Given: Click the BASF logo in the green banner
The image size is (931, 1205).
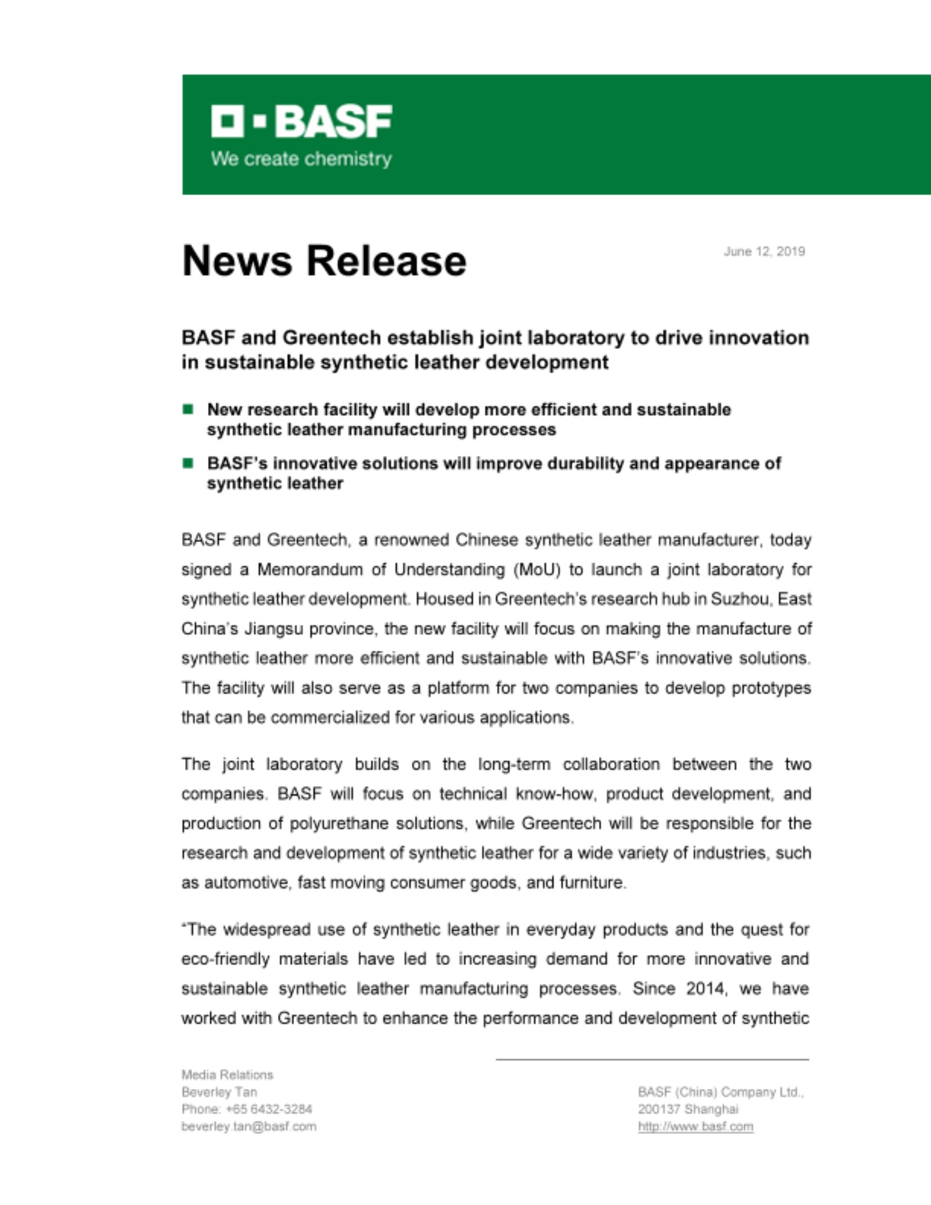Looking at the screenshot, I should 301,121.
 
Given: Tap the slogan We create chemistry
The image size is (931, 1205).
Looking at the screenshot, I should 301,159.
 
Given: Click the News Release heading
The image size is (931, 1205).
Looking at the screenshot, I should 324,261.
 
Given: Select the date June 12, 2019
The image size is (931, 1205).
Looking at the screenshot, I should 764,251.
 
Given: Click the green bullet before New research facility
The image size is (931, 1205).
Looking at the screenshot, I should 188,410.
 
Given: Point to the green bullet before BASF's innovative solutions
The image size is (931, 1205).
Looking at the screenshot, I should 188,463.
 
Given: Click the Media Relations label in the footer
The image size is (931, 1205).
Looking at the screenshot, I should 227,1075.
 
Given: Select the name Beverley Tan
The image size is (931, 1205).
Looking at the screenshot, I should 219,1092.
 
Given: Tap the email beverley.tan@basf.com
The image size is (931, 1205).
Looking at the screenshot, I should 249,1126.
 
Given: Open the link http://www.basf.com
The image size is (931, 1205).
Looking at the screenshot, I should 695,1126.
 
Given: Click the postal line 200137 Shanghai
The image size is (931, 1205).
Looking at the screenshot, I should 688,1109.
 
